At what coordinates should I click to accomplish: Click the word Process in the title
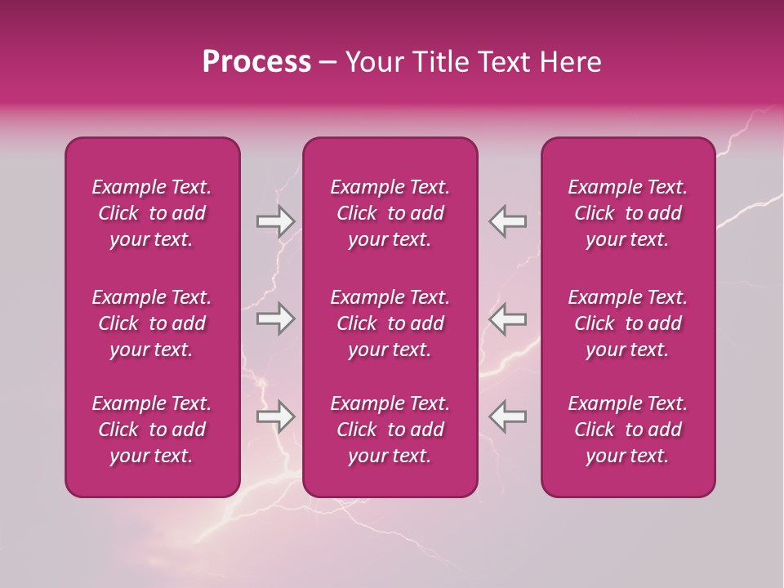tap(256, 62)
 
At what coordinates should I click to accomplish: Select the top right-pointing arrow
tap(275, 221)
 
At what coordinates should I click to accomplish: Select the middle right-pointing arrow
tap(275, 318)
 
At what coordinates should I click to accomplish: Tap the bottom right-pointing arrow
tap(275, 416)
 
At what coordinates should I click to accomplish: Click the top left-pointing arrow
tap(508, 221)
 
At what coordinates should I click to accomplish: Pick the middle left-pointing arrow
tap(508, 318)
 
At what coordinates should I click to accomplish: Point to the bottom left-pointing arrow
tap(508, 416)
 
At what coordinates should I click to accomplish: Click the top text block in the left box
tap(152, 213)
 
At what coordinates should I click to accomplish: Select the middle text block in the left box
tap(152, 323)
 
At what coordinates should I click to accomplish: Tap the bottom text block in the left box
tap(152, 430)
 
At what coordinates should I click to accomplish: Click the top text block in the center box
tap(390, 213)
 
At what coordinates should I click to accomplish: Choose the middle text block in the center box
tap(390, 323)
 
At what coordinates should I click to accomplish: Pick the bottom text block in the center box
tap(390, 430)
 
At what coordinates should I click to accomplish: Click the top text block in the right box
tap(627, 213)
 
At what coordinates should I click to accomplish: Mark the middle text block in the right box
tap(627, 323)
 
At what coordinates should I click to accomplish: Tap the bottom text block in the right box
tap(627, 430)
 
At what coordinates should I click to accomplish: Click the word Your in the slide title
tap(372, 62)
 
